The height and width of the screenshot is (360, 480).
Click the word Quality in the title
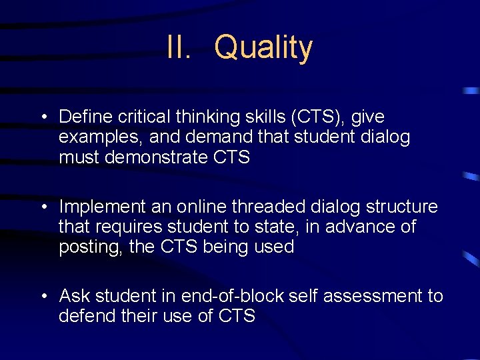(x=263, y=48)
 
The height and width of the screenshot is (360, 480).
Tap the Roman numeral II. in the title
(x=179, y=48)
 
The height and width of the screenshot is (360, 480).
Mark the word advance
(x=359, y=227)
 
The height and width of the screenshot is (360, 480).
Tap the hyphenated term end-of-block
(x=234, y=296)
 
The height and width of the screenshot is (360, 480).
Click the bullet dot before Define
(x=43, y=117)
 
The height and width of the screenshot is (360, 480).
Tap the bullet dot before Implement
(x=43, y=207)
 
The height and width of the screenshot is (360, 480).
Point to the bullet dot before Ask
(x=43, y=297)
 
